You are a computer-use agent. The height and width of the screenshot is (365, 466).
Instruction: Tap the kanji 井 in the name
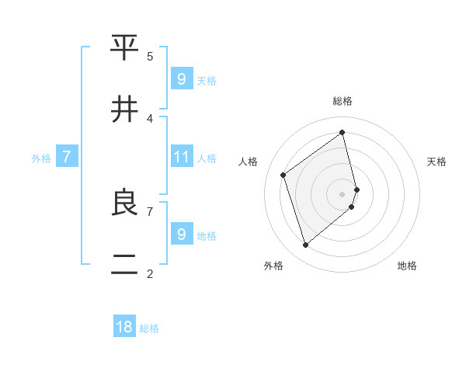tap(124, 109)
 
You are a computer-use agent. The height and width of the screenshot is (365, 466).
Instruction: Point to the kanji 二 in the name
tap(124, 265)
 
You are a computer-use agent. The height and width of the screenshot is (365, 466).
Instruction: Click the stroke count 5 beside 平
tap(150, 56)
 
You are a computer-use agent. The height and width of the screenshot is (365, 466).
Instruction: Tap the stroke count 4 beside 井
tap(150, 118)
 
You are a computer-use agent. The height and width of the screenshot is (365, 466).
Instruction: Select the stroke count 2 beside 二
tap(150, 273)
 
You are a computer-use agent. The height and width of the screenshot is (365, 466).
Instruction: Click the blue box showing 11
tap(181, 157)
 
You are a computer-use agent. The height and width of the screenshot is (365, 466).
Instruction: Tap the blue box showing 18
tap(124, 327)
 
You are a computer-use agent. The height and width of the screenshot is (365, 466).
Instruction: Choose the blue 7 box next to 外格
tap(67, 158)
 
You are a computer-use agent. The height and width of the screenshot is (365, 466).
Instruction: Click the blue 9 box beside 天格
tap(181, 79)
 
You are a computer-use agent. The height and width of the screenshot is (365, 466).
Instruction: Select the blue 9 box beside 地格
tap(181, 234)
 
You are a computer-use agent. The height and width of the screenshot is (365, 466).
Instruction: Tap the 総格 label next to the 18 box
tap(149, 328)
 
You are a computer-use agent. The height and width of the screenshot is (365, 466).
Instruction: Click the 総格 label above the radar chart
tap(342, 101)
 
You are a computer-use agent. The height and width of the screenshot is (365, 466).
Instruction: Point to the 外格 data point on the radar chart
tap(305, 245)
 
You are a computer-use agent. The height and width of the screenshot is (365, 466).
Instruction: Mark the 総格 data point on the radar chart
tap(343, 132)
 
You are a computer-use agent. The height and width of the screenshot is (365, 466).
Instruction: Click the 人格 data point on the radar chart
tap(283, 175)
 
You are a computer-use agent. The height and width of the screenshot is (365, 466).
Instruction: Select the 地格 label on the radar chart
tap(407, 266)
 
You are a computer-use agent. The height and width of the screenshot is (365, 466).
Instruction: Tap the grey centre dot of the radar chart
tap(343, 194)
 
